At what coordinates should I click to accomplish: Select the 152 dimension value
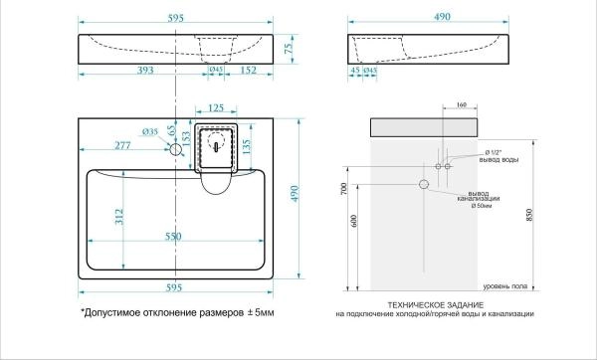pos(251,70)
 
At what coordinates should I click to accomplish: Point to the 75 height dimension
pos(290,46)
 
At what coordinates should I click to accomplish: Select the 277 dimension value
pos(123,146)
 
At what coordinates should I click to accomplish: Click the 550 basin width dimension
pos(175,239)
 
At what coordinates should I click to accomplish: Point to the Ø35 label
pos(151,131)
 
